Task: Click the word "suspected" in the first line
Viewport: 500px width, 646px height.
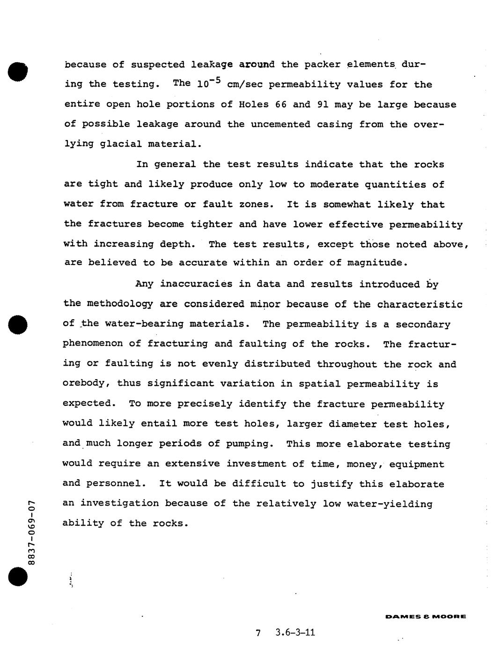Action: point(154,65)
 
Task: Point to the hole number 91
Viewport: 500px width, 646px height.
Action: point(323,104)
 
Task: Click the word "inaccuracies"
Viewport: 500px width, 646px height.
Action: point(190,284)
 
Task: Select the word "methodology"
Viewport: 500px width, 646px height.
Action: point(120,304)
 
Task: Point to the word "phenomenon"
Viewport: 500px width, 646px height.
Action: point(93,344)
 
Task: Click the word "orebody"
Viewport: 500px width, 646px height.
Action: point(86,383)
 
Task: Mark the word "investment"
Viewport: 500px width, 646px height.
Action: point(257,463)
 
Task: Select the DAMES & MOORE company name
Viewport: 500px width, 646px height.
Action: point(425,617)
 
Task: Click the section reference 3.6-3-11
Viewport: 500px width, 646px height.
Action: point(295,633)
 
